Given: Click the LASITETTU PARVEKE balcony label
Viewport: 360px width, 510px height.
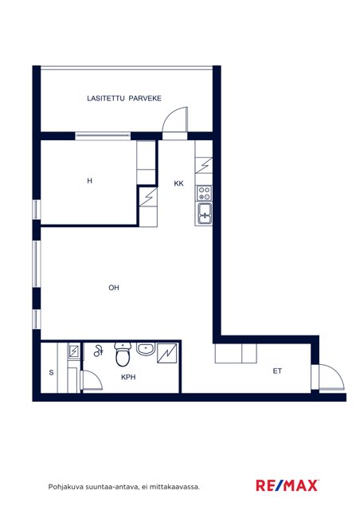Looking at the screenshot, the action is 124,98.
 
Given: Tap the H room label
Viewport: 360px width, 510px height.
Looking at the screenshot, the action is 90,181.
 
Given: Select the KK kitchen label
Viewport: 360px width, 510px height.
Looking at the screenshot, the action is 178,183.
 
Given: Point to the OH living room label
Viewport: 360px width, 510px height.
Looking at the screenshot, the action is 114,288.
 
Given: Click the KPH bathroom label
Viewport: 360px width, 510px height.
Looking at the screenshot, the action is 128,377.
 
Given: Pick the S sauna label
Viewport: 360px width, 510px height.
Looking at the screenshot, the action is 52,372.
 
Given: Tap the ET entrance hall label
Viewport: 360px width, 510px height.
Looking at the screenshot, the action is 277,371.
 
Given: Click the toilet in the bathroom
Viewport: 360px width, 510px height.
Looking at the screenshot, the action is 123,354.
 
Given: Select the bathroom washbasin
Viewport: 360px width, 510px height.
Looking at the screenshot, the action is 146,348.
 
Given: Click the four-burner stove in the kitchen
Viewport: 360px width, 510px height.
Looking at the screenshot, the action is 205,193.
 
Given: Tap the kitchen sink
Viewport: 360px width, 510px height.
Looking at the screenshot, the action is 205,214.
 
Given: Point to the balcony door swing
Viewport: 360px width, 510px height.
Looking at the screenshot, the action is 175,120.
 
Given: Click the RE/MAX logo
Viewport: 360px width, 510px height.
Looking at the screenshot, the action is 287,485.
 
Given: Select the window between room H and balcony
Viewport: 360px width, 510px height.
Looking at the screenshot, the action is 103,136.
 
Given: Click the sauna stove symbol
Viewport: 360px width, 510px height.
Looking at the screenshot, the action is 74,351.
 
